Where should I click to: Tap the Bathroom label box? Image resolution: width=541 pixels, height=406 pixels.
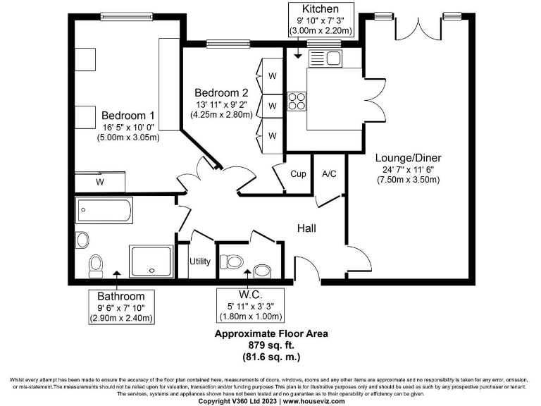[121, 307]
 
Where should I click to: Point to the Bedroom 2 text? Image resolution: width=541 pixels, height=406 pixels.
[221, 92]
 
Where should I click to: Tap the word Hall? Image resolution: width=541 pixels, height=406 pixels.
[306, 228]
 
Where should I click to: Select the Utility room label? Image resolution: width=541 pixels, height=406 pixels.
[199, 262]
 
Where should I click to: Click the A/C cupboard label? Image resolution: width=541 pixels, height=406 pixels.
[329, 173]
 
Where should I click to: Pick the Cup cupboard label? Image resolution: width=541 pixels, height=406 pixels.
[298, 173]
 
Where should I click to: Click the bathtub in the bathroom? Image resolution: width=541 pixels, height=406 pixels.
[105, 210]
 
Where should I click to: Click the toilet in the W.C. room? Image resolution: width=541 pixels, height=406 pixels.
[232, 262]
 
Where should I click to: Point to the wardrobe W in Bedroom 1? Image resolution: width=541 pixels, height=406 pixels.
[100, 182]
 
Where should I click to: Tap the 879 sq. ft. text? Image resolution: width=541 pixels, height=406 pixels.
[271, 345]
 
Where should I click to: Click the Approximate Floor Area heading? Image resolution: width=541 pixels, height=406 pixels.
[271, 333]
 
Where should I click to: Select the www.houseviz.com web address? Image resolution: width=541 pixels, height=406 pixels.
[312, 401]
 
